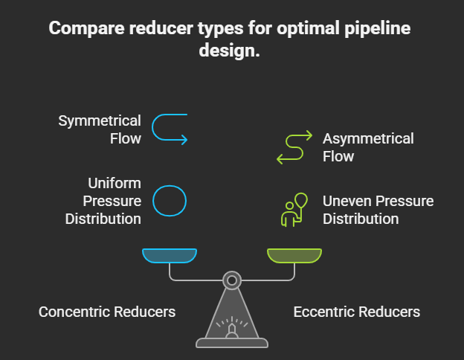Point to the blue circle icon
170,200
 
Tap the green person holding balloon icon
294,210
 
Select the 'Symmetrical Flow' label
100,129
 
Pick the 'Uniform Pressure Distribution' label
103,201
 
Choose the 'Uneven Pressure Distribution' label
378,210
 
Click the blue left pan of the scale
170,256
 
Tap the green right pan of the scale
294,256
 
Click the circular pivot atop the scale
232,280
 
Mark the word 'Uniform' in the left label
115,183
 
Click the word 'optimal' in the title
304,29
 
